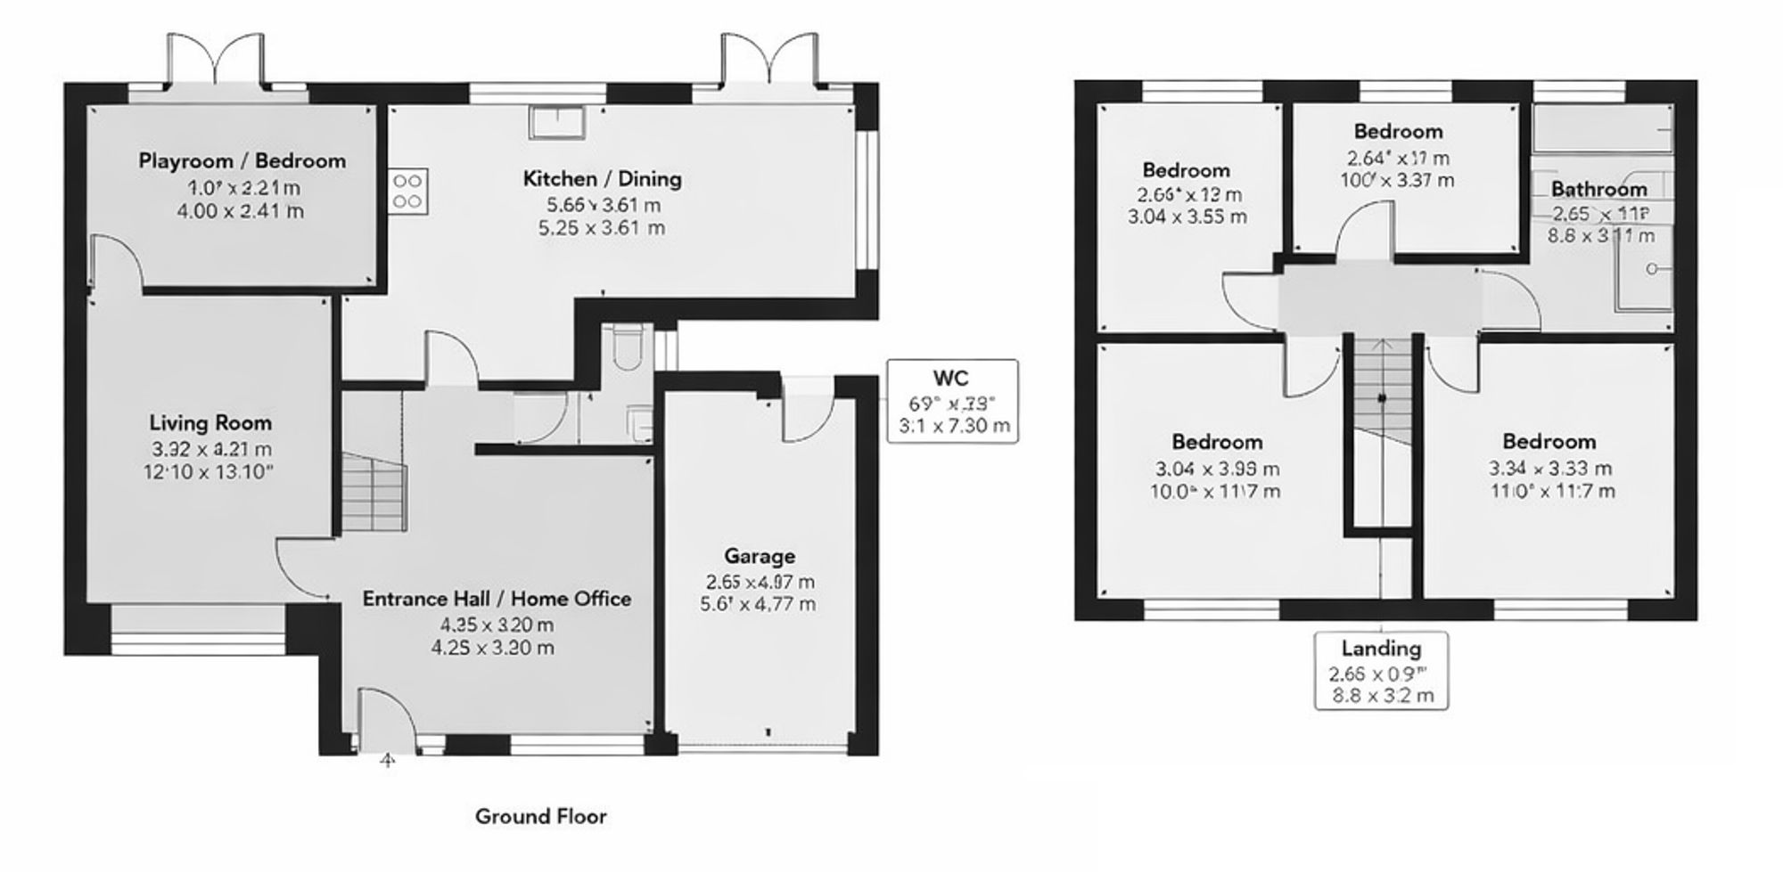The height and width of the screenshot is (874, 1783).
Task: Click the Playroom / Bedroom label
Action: point(242,161)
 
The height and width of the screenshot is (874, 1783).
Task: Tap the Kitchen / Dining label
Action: point(602,178)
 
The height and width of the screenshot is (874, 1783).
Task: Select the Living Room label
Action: point(210,423)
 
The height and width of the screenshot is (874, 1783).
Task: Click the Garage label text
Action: point(759,556)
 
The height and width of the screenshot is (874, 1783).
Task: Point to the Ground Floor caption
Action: point(540,816)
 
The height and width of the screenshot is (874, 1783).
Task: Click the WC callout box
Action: point(951,401)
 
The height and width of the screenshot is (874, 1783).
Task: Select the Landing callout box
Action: point(1381,671)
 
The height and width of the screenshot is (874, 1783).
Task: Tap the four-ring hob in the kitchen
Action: point(407,191)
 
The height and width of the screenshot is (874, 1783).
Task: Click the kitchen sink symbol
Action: point(556,122)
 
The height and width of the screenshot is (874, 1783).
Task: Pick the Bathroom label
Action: point(1598,189)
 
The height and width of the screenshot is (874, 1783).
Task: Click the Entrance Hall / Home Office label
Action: point(497,599)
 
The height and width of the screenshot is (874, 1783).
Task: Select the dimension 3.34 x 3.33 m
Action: point(1549,469)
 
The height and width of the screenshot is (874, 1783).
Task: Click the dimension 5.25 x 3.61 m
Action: point(602,228)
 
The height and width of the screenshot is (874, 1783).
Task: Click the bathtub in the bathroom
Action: point(1601,128)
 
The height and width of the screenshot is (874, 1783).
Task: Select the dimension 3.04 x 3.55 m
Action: point(1187,216)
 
